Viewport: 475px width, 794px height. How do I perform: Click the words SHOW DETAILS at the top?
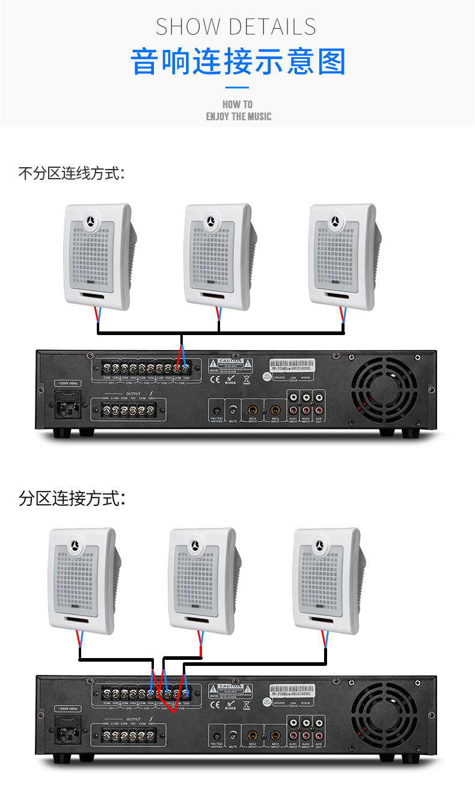click(236, 27)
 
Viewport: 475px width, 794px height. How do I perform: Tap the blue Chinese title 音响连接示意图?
click(238, 63)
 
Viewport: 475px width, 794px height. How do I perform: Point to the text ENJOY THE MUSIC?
click(238, 116)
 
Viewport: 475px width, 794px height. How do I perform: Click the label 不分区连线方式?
click(72, 174)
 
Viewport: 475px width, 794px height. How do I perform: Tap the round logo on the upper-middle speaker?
click(211, 221)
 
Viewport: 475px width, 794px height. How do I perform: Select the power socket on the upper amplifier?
click(67, 408)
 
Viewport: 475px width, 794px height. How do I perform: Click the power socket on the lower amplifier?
click(67, 733)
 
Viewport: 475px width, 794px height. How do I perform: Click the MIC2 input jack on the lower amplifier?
click(252, 735)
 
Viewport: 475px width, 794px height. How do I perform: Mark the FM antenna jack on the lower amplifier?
click(217, 735)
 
